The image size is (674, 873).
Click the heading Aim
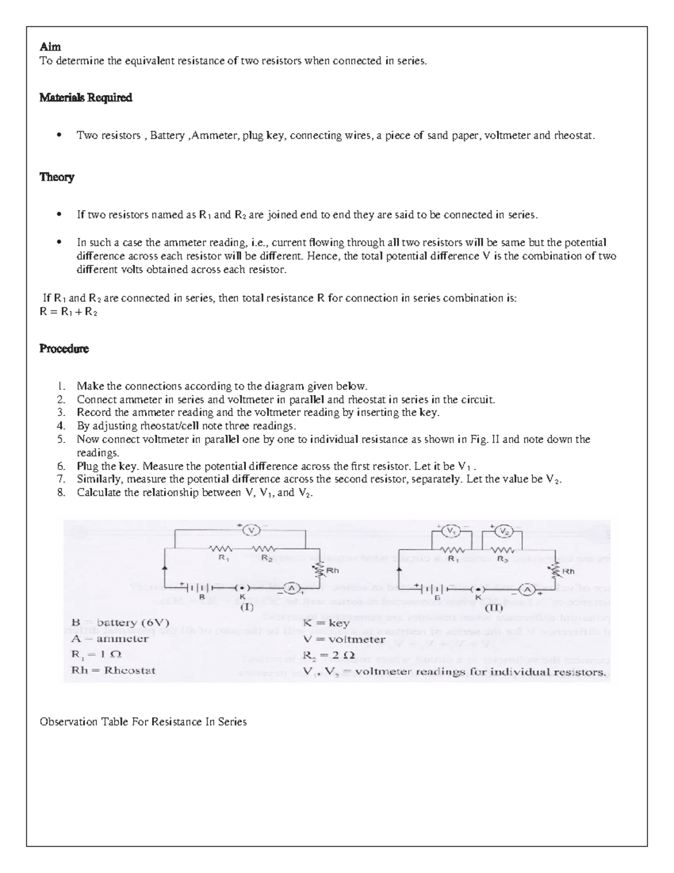click(50, 47)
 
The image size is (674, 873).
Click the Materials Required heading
click(85, 97)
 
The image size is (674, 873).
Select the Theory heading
click(56, 177)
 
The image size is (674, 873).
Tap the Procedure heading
click(63, 349)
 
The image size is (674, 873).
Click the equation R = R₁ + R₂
click(69, 311)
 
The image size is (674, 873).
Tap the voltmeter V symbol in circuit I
click(252, 530)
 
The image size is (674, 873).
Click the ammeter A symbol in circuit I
click(291, 588)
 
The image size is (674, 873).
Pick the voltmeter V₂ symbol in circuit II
click(504, 531)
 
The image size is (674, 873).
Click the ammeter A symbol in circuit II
click(527, 589)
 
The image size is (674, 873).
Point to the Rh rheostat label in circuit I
click(333, 570)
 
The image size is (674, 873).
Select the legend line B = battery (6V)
click(120, 622)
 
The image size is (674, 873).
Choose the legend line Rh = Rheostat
click(113, 670)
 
